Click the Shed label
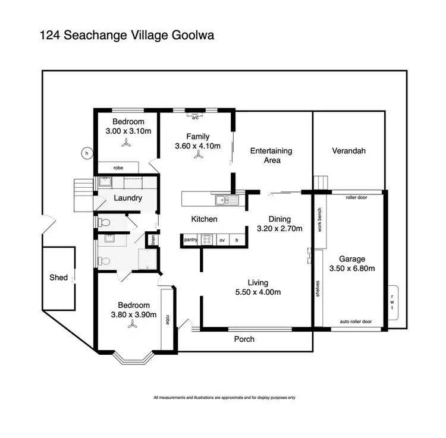(58, 278)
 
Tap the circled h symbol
(87, 153)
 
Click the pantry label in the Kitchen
(191, 240)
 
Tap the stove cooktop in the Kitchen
(207, 240)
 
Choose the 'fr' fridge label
(237, 240)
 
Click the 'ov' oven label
(222, 240)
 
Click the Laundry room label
(127, 198)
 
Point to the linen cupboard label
(153, 240)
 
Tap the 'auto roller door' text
(356, 322)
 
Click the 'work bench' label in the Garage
(319, 219)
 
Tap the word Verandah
(348, 151)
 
